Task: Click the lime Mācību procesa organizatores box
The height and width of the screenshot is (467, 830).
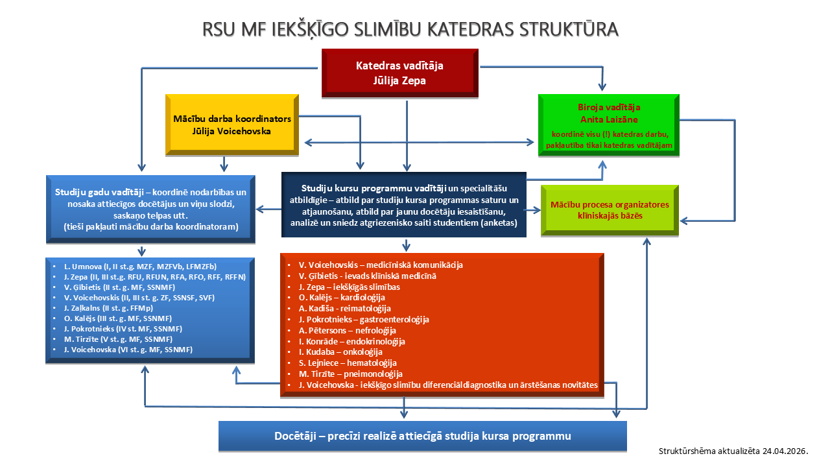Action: pos(609,210)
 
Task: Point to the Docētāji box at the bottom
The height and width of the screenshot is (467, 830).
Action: pos(422,435)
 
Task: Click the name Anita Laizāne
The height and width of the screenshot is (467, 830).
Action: pos(608,119)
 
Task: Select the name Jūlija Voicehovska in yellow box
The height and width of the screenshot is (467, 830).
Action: pos(231,131)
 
